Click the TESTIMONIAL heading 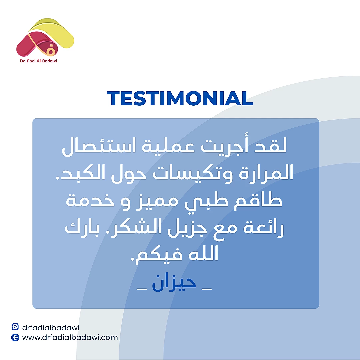click(180, 98)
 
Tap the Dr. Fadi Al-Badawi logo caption click(38, 61)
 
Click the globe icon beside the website click(15, 337)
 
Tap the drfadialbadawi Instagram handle click(51, 327)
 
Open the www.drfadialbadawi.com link click(70, 337)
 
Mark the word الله click(203, 253)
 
